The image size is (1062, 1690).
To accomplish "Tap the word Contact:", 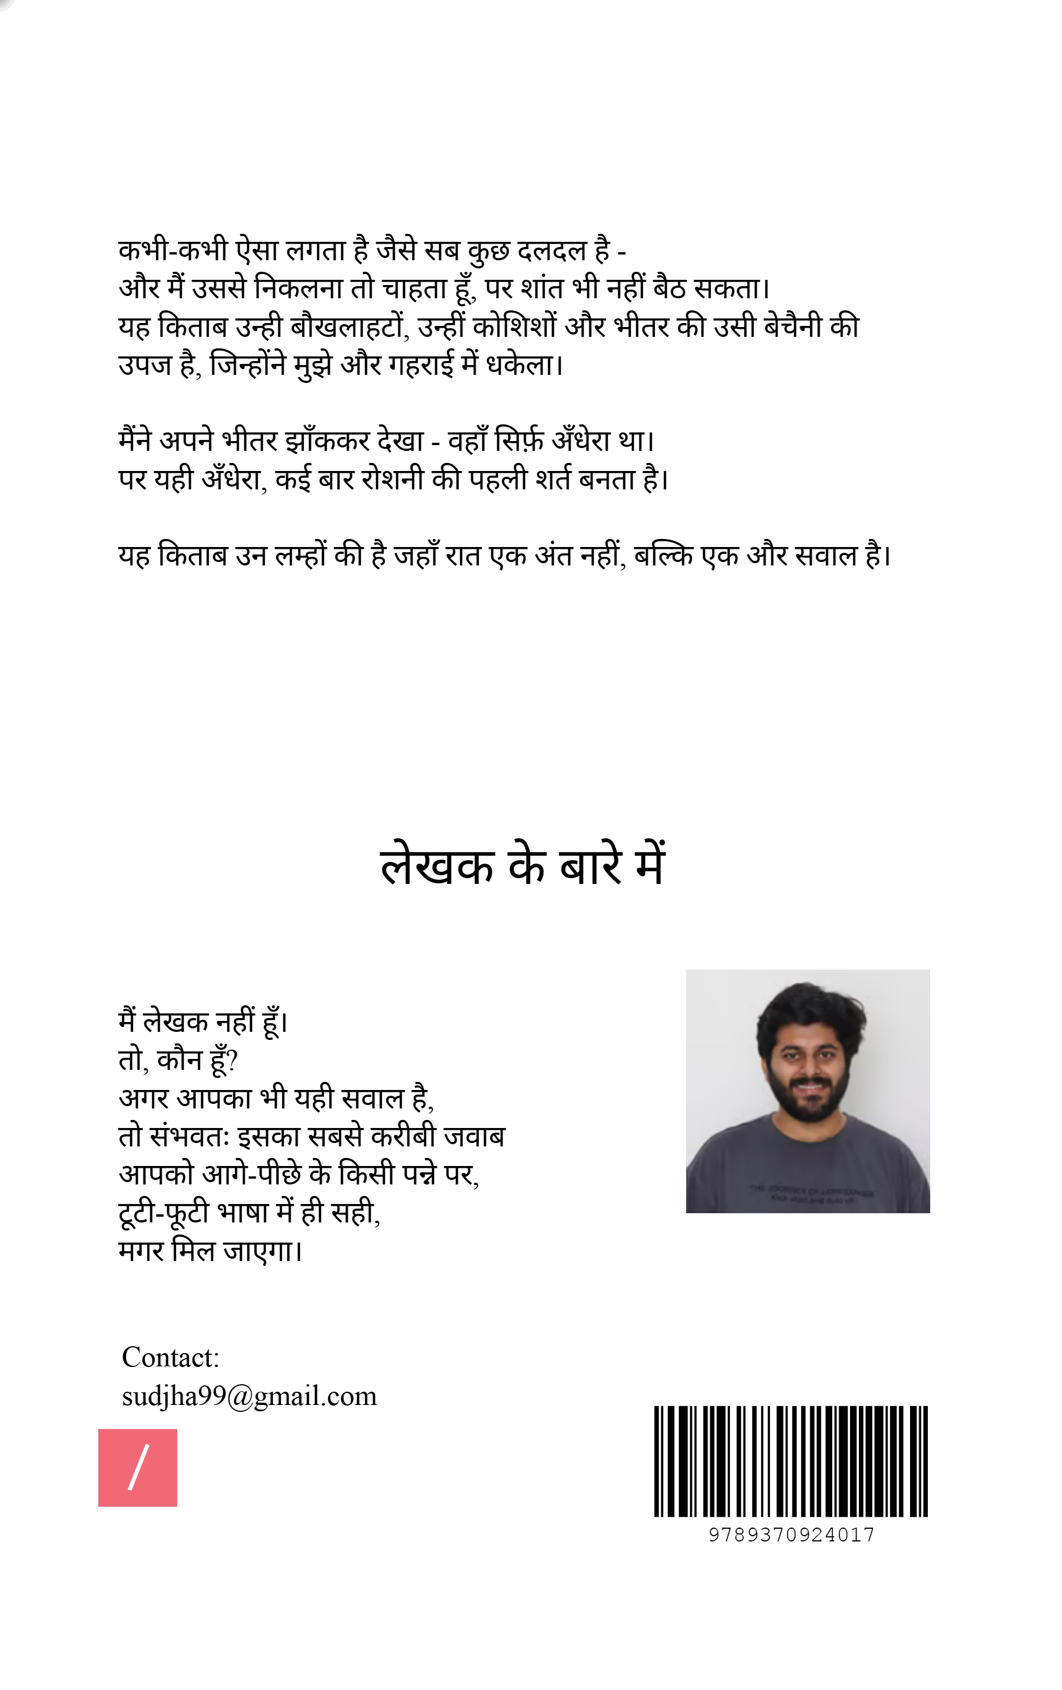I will [x=170, y=1357].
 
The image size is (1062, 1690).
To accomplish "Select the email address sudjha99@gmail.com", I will [x=249, y=1396].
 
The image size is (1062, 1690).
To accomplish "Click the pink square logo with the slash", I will [x=138, y=1468].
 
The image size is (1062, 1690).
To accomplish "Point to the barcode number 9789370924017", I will [x=790, y=1535].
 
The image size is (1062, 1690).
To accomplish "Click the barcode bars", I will [x=790, y=1461].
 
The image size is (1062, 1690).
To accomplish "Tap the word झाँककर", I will [x=327, y=442].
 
